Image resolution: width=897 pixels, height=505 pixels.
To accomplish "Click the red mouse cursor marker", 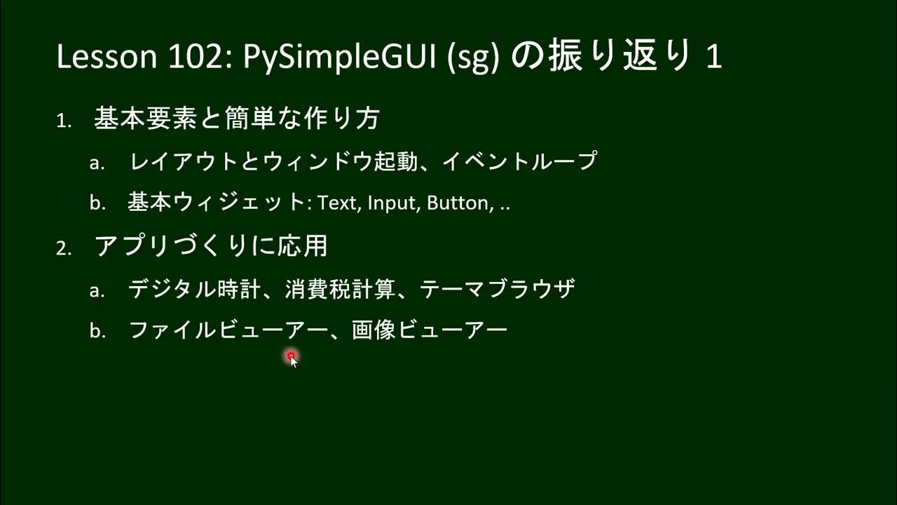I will (x=291, y=357).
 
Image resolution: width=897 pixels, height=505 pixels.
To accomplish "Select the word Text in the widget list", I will (x=338, y=203).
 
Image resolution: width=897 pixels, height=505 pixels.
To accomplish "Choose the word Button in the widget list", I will (x=458, y=203).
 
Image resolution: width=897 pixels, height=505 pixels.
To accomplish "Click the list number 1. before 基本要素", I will (x=64, y=121).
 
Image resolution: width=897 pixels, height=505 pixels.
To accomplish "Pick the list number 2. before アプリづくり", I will (x=64, y=248).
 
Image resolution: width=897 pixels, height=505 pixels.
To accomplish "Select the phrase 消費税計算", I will (x=341, y=288).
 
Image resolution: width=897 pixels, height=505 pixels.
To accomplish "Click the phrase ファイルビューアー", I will (x=224, y=330).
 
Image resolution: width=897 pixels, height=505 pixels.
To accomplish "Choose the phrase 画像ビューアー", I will (x=430, y=330).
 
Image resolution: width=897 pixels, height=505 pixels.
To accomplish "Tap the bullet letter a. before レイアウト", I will (x=97, y=163).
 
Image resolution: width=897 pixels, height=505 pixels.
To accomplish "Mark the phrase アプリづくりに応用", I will (x=211, y=246).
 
